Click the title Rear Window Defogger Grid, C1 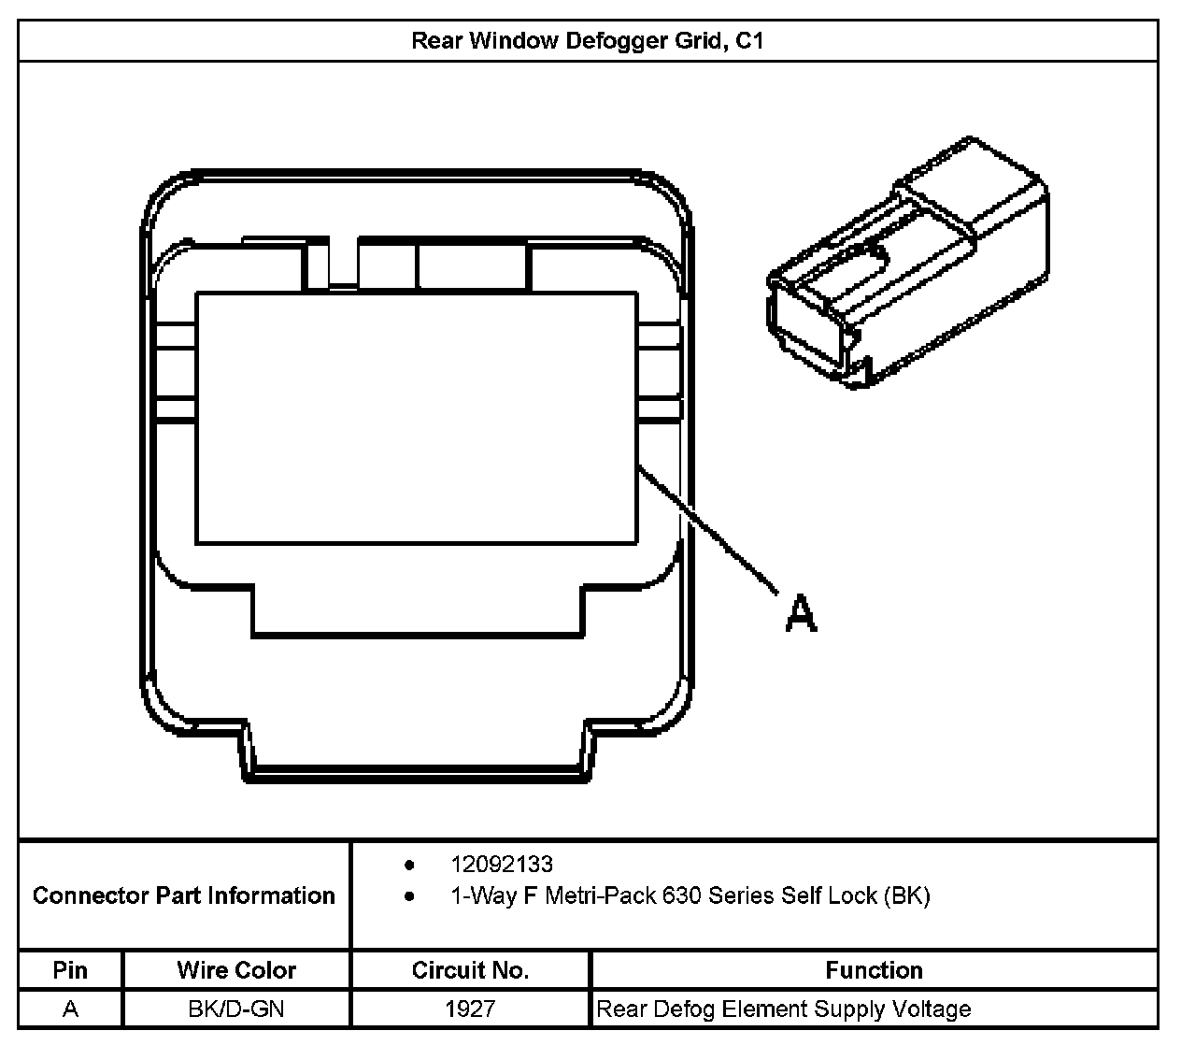(588, 41)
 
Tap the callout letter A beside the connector (801, 613)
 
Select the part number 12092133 (502, 865)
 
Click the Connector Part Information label (184, 895)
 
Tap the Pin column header (70, 970)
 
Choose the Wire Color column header (236, 970)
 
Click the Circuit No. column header (470, 970)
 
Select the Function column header (874, 970)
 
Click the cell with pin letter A (70, 1009)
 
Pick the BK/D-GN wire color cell (236, 1009)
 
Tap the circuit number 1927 (470, 1009)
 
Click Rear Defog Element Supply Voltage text (783, 1009)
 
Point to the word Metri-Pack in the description (600, 895)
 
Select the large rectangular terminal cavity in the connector (416, 417)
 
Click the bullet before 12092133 (409, 865)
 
